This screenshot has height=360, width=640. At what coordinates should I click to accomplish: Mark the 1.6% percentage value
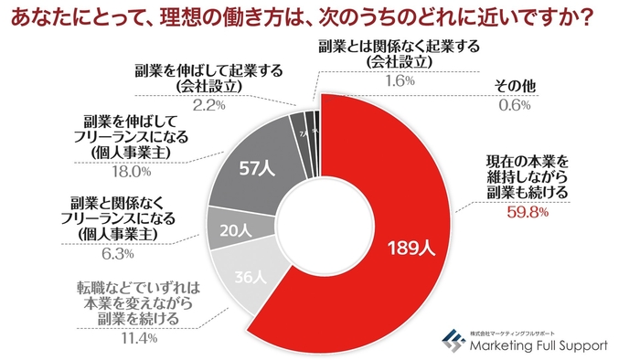point(399,80)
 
